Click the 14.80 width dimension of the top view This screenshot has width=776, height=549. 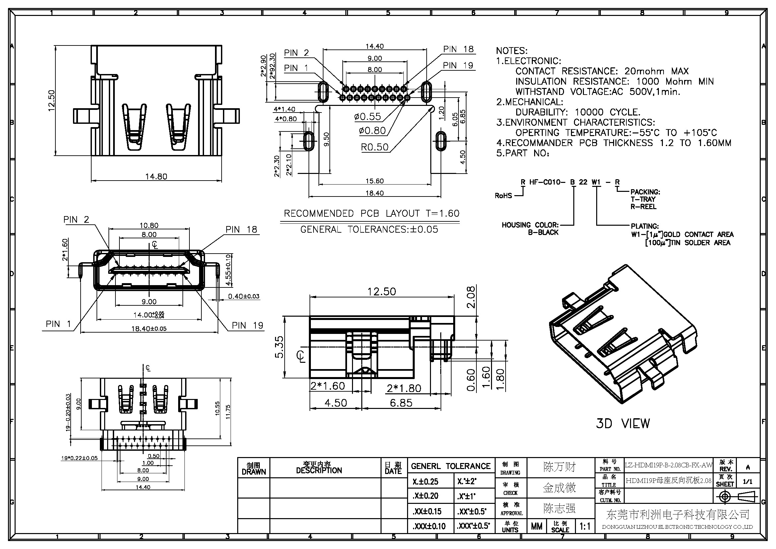point(156,177)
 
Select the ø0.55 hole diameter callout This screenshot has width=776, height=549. point(367,117)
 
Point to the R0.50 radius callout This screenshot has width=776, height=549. point(375,147)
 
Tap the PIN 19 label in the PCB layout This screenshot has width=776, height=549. point(458,66)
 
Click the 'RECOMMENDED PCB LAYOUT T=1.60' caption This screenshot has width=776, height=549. point(372,214)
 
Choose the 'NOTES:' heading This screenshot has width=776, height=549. point(511,51)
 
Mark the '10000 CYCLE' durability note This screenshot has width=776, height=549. point(607,112)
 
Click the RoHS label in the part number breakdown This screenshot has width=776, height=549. point(503,196)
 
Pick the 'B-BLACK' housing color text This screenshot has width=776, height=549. point(543,233)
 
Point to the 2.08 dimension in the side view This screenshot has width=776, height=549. point(471,297)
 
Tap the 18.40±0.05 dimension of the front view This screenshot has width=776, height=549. point(149,329)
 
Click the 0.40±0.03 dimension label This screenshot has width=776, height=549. point(244,296)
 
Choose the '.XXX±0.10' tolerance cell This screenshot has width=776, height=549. point(429,526)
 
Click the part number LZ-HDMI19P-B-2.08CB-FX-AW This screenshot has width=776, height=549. point(669,465)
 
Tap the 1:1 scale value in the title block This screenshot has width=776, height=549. point(585,526)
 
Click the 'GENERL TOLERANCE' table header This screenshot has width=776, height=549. point(451,466)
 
